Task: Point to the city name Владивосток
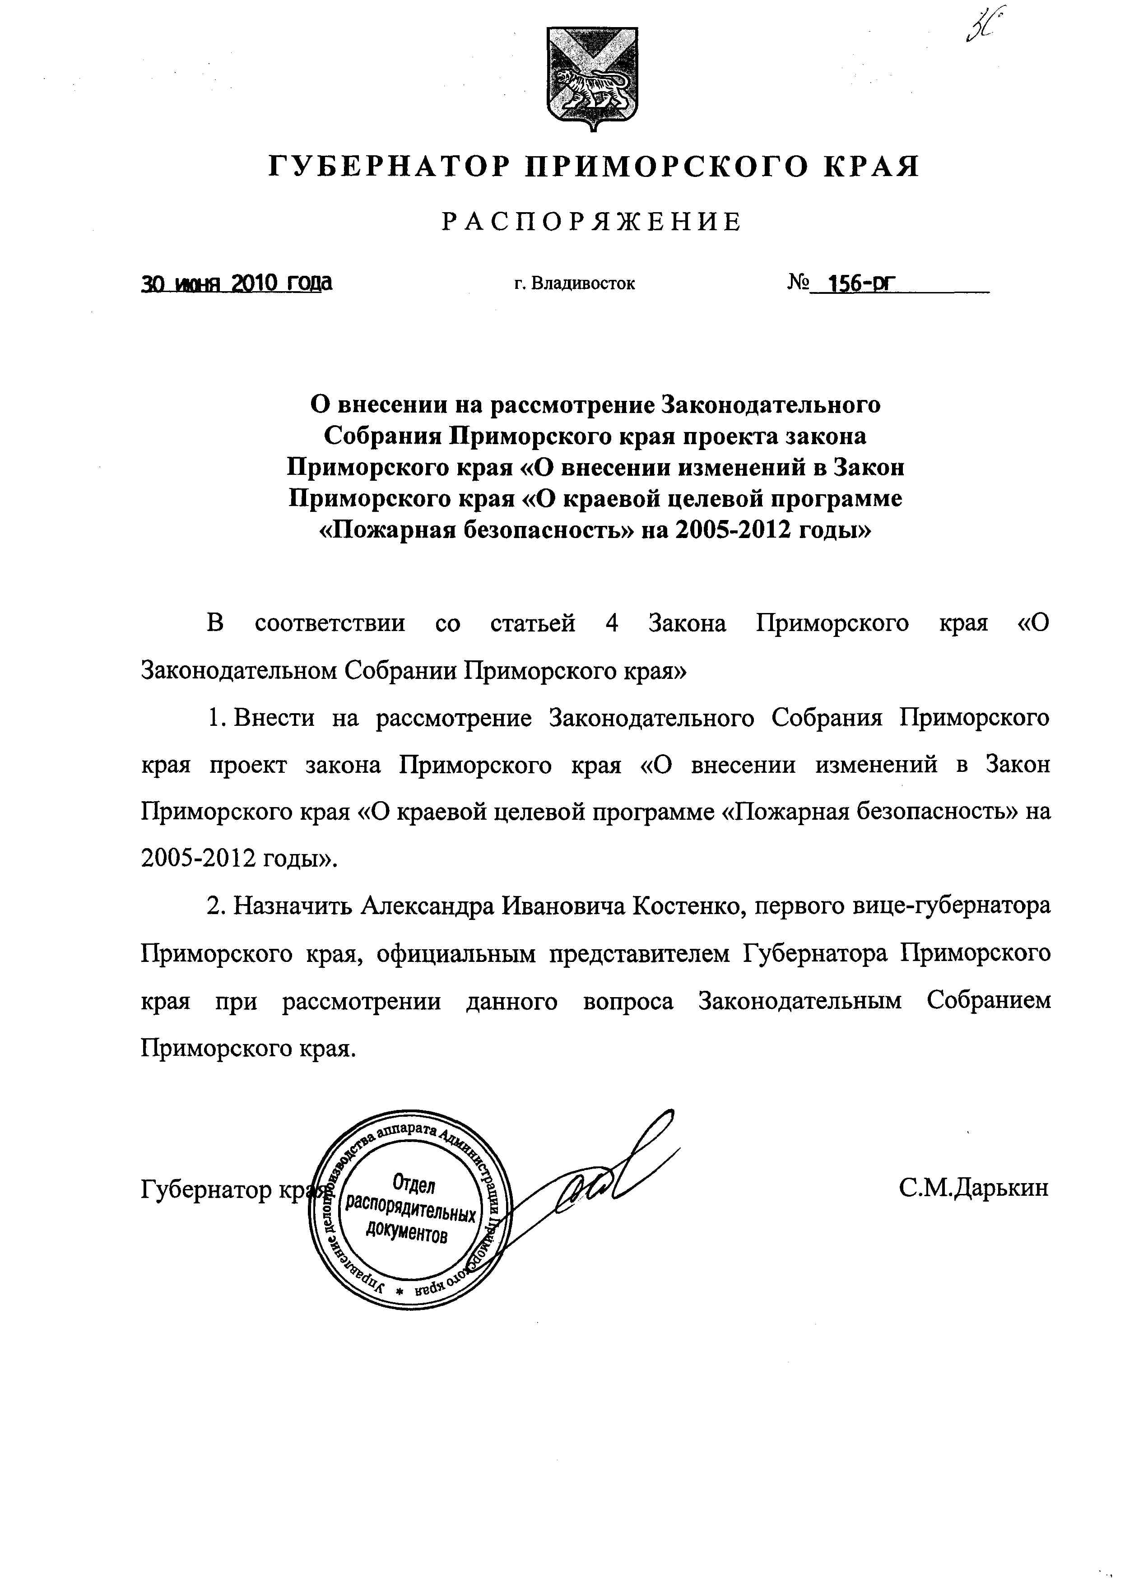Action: click(x=583, y=284)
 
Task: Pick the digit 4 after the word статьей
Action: click(x=612, y=622)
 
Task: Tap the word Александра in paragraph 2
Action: click(x=428, y=906)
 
